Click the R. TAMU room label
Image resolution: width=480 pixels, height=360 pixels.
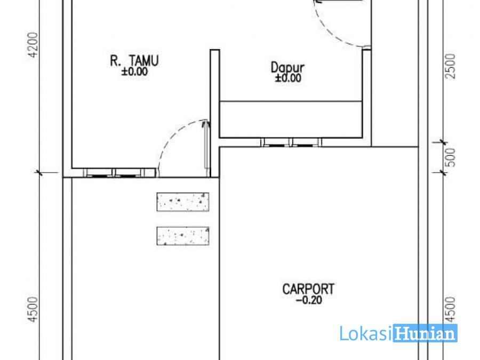(x=134, y=61)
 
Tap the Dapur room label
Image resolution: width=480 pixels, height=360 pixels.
(x=287, y=68)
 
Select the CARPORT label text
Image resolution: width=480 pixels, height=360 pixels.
(x=308, y=289)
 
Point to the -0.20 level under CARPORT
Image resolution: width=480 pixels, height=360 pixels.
(x=309, y=300)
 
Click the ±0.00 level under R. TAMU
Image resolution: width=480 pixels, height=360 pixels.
(x=134, y=71)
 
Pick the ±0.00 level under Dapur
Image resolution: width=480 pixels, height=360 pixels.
(x=288, y=78)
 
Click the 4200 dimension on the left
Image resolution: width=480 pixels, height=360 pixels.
(x=33, y=45)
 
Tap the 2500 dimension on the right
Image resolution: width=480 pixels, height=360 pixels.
(x=451, y=67)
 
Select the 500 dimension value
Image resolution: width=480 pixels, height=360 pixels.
(x=451, y=157)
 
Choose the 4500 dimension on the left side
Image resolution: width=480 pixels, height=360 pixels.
(x=33, y=309)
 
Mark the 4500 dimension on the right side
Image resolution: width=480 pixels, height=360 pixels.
(x=451, y=309)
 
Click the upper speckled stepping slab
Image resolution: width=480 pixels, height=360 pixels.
(x=183, y=202)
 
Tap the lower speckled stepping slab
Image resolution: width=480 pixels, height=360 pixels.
(x=183, y=236)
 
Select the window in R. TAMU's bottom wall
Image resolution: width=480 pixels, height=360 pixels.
(x=114, y=173)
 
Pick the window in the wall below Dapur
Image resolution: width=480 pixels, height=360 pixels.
(x=291, y=142)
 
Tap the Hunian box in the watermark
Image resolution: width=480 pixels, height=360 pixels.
(x=425, y=333)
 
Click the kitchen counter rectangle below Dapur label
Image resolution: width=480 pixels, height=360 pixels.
(x=291, y=119)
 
